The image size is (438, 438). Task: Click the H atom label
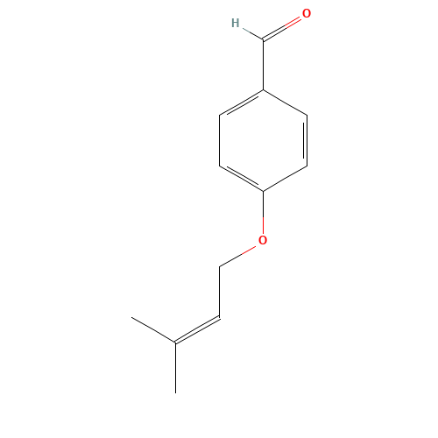235,23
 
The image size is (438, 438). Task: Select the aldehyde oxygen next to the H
307,14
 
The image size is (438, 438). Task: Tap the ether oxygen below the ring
263,240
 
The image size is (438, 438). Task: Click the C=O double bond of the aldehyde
283,27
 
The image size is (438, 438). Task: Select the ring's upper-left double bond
241,102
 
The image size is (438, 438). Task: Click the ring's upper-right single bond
285,102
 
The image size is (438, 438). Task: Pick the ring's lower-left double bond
241,178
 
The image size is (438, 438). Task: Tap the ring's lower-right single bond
285,178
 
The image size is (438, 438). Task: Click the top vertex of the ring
263,89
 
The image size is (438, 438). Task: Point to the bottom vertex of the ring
263,191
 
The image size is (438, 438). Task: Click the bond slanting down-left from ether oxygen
238,255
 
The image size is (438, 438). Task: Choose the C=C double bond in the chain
198,328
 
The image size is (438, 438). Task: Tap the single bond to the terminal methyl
154,329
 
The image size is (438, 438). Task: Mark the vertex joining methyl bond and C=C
176,342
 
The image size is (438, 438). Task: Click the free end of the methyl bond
132,317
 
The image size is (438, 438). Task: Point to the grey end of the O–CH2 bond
220,265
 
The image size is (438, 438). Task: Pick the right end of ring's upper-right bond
307,115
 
